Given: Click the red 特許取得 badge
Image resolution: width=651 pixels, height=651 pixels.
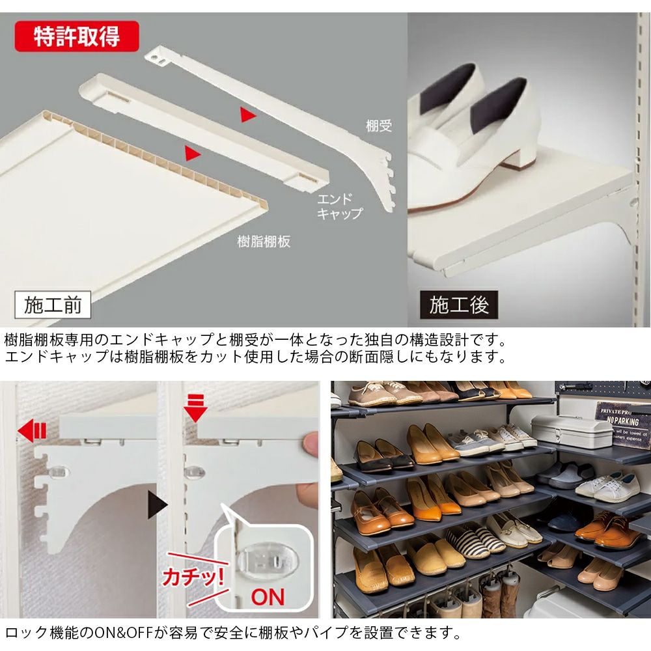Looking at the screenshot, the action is pos(77,36).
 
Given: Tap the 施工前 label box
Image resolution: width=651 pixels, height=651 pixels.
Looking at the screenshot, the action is pos(53,305).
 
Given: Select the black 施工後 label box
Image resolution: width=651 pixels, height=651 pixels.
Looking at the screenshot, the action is pos(459,305).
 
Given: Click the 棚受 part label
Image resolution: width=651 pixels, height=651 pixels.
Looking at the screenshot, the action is pos(379,126).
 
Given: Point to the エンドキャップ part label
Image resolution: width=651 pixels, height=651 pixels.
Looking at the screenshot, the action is pos(340,206).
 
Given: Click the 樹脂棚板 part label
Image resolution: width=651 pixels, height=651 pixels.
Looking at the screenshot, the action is pos(264,242).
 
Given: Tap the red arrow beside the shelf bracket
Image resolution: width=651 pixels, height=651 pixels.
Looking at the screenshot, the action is pos(248,115).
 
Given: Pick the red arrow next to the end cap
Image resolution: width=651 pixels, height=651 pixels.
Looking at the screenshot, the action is pos(192,153).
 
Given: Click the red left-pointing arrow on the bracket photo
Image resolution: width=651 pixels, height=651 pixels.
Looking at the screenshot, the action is pos(32,431).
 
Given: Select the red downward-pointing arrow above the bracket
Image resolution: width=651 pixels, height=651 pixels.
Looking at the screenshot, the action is pos(195,409).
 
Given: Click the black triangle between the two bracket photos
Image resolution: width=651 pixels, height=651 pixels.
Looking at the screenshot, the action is pos(158,505).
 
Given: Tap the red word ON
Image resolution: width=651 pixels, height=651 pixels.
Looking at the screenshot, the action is pos(268,597).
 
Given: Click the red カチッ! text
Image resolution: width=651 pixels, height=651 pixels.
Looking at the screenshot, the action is pos(193,576).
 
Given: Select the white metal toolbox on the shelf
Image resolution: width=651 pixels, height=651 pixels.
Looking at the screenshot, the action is pos(572,430).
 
